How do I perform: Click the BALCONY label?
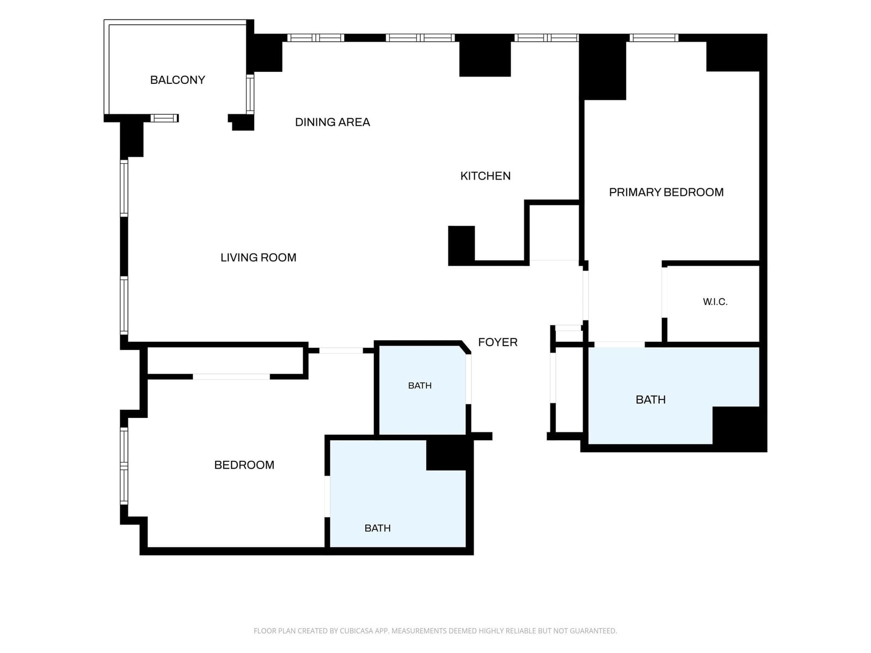tap(177, 80)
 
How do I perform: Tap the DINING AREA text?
tap(333, 122)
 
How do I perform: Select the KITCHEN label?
tap(485, 176)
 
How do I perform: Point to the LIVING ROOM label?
tap(259, 258)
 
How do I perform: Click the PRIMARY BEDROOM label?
tap(666, 192)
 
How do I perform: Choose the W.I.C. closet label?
tap(715, 301)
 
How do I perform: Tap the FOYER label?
tap(498, 342)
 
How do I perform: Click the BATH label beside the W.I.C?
tap(651, 399)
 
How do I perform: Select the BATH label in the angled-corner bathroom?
tap(420, 385)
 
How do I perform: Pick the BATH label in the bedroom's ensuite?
tap(377, 528)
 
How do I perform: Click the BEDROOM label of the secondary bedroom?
tap(244, 465)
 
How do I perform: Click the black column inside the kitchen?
tap(461, 245)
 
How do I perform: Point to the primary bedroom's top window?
tap(654, 38)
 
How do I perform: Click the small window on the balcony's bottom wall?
tap(164, 118)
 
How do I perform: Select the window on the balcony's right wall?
tap(249, 94)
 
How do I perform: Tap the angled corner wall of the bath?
tap(465, 347)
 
